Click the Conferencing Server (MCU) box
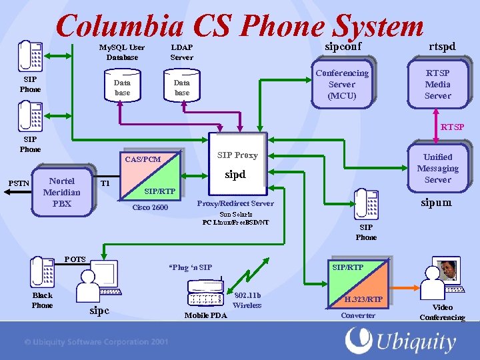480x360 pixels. pos(342,84)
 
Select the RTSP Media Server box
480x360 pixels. pos(437,84)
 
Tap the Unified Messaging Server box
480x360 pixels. pos(437,168)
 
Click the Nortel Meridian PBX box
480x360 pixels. pos(62,192)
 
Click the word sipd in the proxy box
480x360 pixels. pos(235,175)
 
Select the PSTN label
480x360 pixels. pos(18,183)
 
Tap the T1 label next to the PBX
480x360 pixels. pos(105,183)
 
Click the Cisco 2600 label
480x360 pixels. pos(150,207)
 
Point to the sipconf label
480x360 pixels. pos(343,46)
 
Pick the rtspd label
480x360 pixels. pos(442,46)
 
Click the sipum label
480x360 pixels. pos(436,201)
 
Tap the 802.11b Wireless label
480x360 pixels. pos(247,300)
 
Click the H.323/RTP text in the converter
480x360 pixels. pos(363,299)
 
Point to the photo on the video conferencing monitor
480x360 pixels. pos(447,269)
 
